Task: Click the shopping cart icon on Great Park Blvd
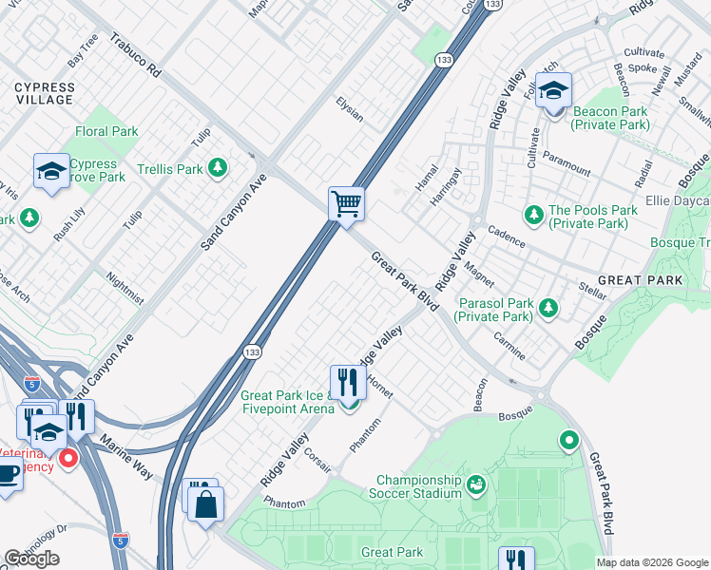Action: [347, 203]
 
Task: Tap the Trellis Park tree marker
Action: [219, 168]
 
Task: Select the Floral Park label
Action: [106, 132]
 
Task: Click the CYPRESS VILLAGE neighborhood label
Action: [44, 93]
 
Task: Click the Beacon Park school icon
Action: [552, 92]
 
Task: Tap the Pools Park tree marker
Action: [533, 217]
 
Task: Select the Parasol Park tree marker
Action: [548, 308]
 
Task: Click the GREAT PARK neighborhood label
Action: [640, 281]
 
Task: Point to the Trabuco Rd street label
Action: [137, 59]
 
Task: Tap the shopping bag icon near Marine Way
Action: [205, 504]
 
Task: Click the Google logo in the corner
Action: [31, 559]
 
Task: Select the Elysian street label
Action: [349, 108]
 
